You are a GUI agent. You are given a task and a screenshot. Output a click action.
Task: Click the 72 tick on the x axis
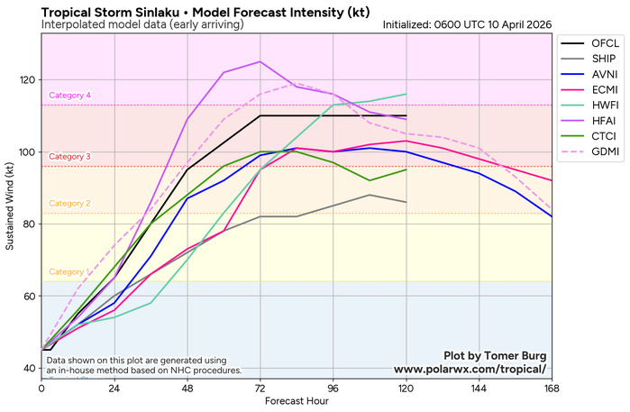coord(260,389)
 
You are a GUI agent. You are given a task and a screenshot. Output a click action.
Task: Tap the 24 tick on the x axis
coord(114,389)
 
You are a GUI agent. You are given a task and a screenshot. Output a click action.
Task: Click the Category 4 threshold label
coord(69,96)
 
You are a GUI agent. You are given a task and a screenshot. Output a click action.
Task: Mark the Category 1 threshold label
coord(69,272)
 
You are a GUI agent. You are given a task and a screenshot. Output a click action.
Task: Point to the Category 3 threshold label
coord(69,157)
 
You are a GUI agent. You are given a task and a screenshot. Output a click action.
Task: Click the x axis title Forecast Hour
coord(297,402)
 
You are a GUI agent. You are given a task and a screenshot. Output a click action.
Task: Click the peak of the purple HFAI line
coord(260,62)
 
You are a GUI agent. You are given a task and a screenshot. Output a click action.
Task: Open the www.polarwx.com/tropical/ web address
coord(470,370)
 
